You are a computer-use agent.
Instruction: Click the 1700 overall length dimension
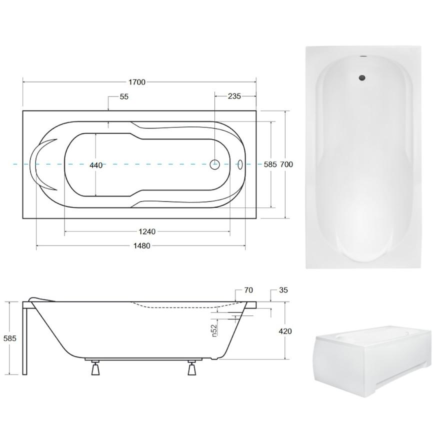tap(137, 82)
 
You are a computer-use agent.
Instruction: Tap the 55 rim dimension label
tap(124, 96)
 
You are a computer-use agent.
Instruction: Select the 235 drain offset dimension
tap(234, 96)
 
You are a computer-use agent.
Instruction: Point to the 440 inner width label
tap(96, 165)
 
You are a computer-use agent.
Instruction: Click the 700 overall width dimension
tap(286, 164)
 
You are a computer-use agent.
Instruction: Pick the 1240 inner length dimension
tap(147, 231)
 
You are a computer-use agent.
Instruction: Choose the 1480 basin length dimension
tap(142, 246)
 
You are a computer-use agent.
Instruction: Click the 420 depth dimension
tap(285, 331)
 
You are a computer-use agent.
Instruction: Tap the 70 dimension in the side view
tap(248, 290)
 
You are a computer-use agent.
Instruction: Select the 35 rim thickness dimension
tap(283, 290)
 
